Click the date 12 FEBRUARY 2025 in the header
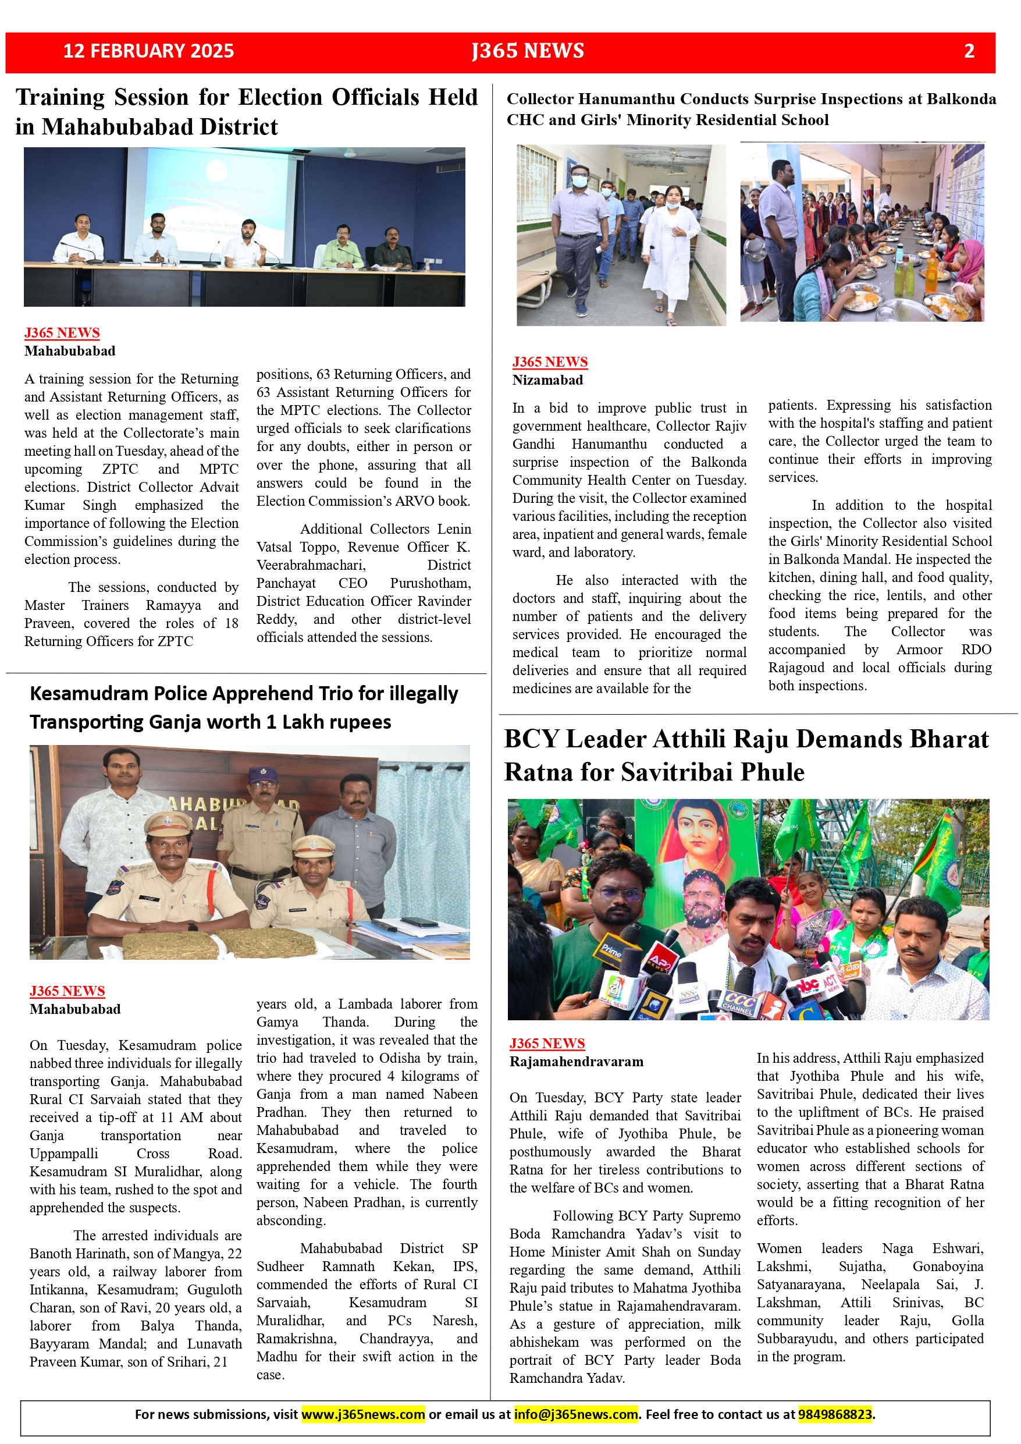148,51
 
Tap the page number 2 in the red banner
969,51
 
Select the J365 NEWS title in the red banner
528,51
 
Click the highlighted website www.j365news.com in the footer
363,1414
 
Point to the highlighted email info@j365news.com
576,1414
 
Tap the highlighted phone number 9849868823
835,1414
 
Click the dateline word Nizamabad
547,380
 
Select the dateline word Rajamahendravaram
577,1062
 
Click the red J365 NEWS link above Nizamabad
550,361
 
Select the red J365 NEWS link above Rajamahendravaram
547,1044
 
